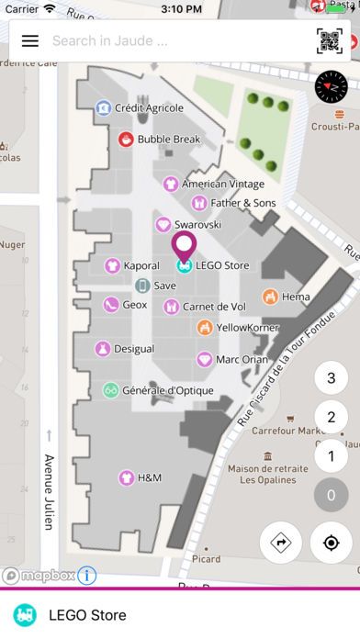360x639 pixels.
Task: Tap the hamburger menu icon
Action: click(x=30, y=41)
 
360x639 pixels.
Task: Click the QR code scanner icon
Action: click(x=329, y=41)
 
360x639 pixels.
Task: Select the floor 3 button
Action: click(x=331, y=377)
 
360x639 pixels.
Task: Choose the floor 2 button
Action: click(x=331, y=417)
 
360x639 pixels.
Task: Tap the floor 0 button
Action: click(x=331, y=496)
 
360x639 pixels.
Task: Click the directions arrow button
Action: click(x=279, y=543)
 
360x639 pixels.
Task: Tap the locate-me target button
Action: click(x=331, y=543)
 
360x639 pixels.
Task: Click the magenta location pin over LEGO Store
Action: click(x=185, y=250)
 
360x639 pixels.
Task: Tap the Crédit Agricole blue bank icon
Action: click(x=104, y=108)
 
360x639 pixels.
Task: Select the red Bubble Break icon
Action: click(x=126, y=140)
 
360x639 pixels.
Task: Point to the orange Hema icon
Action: click(x=270, y=297)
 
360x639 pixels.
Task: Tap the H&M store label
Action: click(x=149, y=477)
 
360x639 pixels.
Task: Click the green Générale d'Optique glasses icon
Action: click(x=110, y=390)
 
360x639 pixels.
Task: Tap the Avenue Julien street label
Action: click(x=50, y=492)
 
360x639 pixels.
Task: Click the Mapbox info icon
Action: click(x=87, y=576)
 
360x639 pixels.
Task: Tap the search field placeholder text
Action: click(x=110, y=41)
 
